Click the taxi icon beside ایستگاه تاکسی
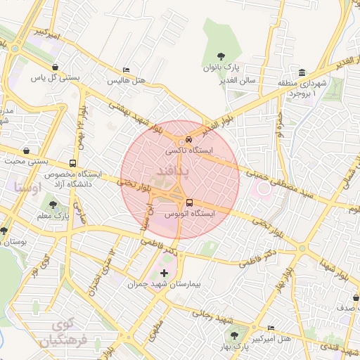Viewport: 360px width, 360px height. click(180, 139)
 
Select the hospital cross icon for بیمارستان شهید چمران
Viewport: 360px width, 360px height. click(165, 273)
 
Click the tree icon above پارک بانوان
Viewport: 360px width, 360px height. click(221, 56)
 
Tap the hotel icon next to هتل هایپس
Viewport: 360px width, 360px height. click(126, 70)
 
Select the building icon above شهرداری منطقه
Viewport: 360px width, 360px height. click(302, 72)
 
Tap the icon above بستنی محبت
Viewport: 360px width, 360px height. click(26, 150)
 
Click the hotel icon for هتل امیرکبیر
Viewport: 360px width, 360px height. click(271, 328)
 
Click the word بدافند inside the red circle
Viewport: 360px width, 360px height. click(167, 171)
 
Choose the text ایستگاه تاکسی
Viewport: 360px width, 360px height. click(188, 150)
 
